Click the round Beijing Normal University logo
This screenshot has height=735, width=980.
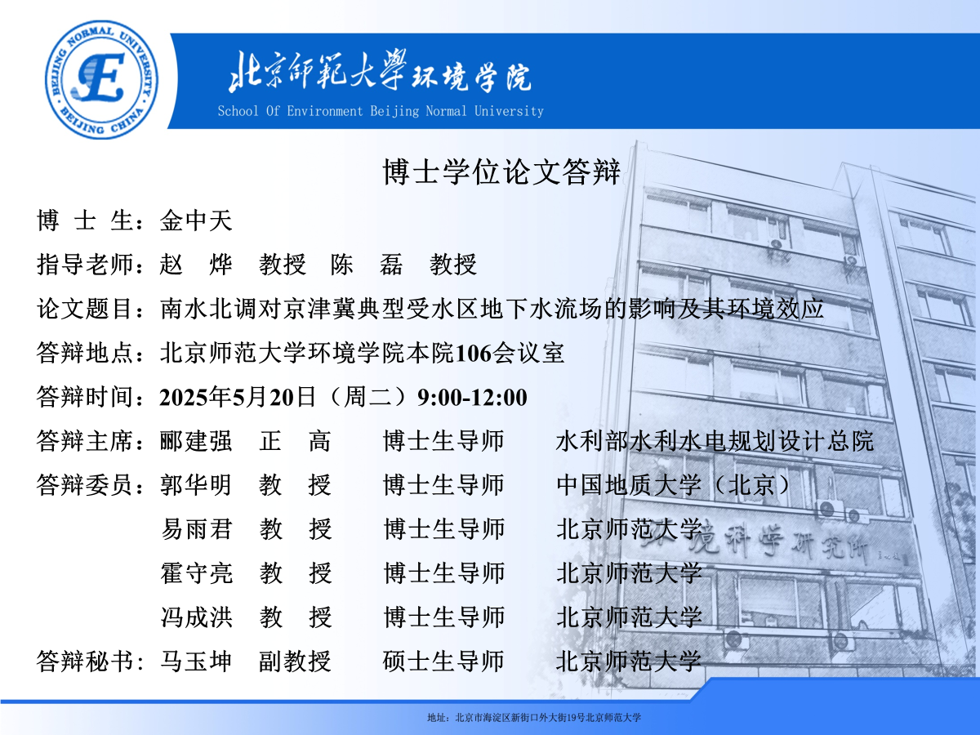101,79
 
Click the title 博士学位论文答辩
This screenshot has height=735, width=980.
501,171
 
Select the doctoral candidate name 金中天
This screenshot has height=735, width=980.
196,220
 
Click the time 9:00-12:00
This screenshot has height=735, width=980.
472,398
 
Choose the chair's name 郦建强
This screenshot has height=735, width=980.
196,441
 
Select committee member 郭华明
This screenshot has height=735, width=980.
196,485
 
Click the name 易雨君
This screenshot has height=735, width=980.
196,529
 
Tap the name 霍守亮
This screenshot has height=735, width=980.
196,573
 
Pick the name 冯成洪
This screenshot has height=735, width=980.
196,617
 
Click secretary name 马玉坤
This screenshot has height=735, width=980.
196,661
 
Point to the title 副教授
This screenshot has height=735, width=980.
295,661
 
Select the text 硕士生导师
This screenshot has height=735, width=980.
443,661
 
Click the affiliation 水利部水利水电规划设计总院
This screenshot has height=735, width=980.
715,441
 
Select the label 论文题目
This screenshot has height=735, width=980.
85,310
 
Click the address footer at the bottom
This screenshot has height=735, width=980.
534,718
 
